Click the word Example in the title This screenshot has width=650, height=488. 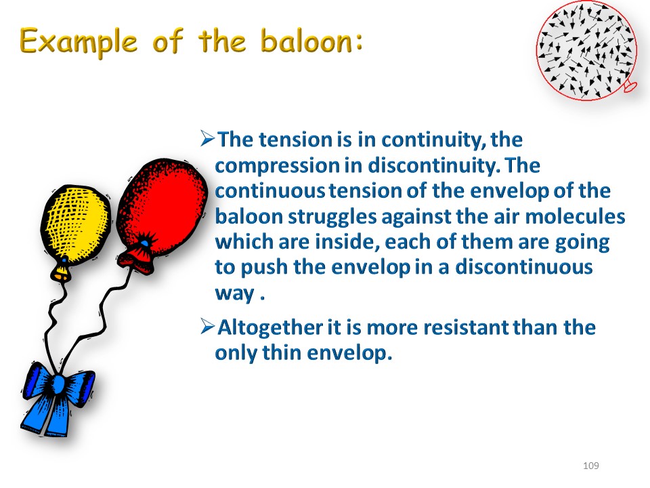point(79,42)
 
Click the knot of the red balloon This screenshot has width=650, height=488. point(137,260)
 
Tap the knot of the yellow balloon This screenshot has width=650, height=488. point(62,272)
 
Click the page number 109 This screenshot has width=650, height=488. point(590,466)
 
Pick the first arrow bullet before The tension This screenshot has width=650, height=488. point(207,138)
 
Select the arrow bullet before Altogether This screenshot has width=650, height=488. point(207,326)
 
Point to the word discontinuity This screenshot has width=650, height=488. point(431,165)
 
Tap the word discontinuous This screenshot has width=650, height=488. point(524,267)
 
